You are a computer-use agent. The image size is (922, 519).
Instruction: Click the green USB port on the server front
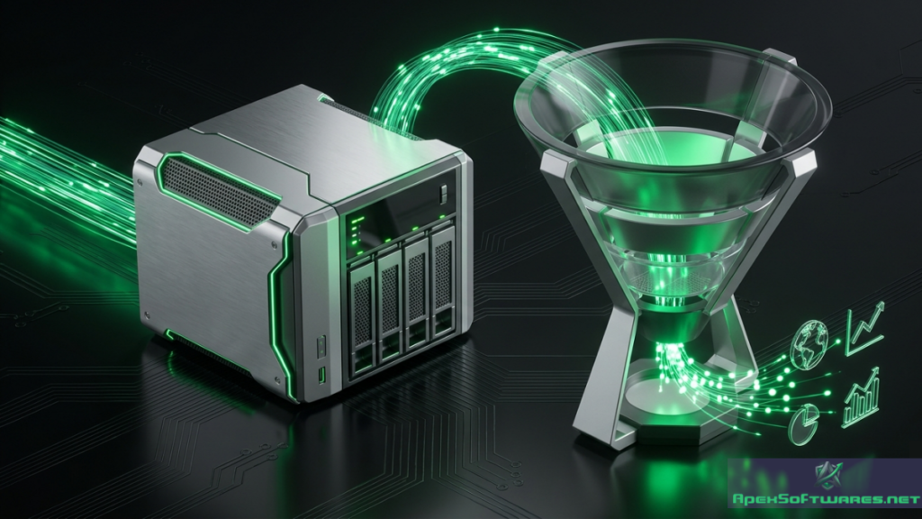pyautogui.click(x=321, y=374)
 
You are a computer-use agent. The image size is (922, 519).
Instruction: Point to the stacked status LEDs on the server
pyautogui.click(x=355, y=232)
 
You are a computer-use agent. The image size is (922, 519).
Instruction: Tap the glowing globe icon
pyautogui.click(x=809, y=344)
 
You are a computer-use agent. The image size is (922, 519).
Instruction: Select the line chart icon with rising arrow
pyautogui.click(x=865, y=327)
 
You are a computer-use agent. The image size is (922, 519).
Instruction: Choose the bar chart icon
pyautogui.click(x=862, y=397)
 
